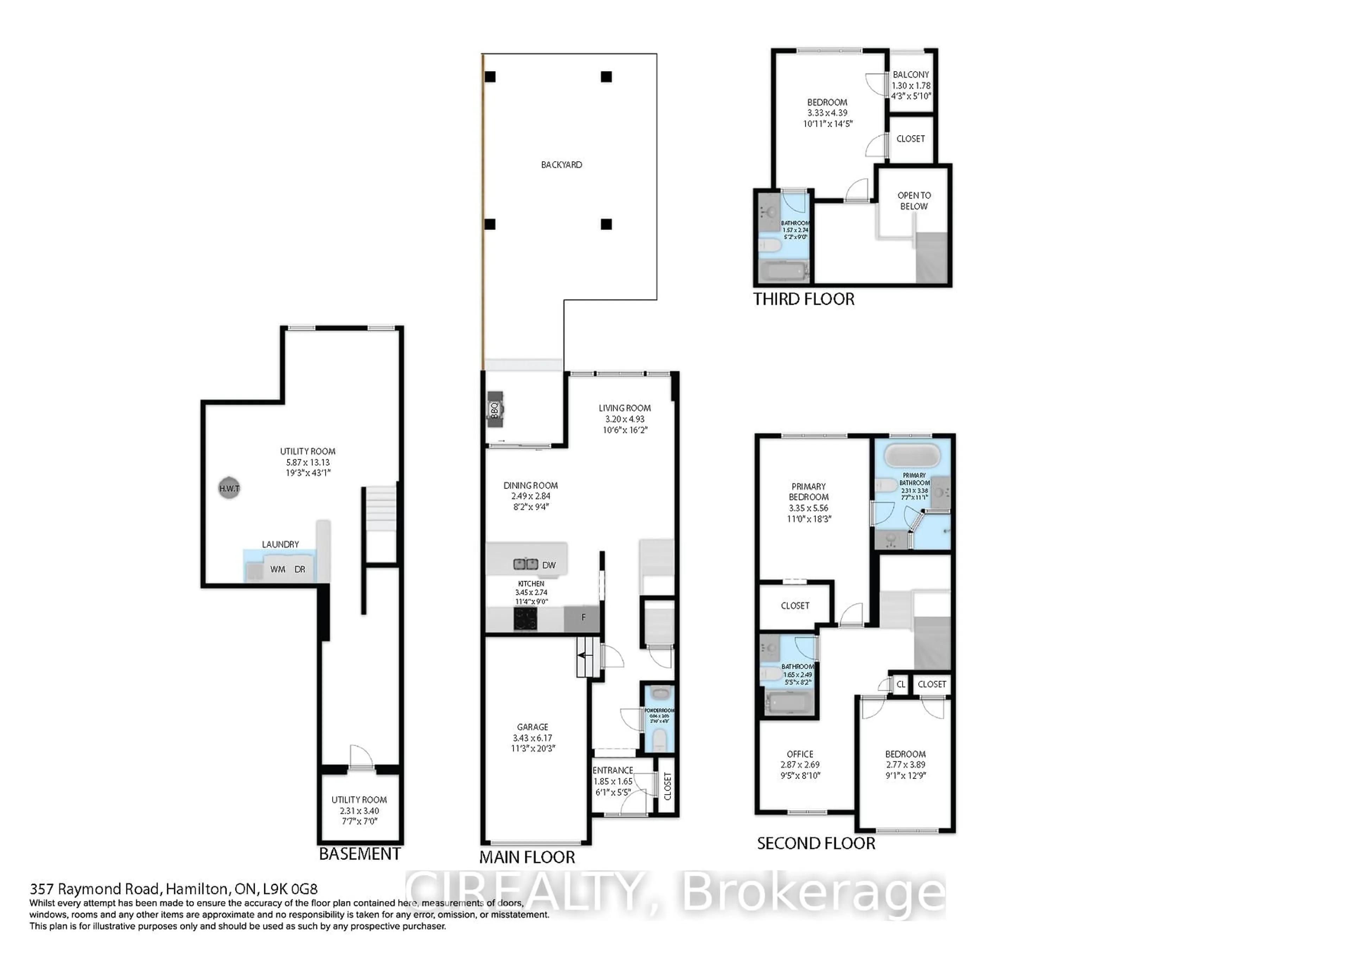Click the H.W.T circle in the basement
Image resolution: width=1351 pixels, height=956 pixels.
pos(229,488)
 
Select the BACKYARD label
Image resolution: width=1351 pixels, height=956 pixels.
pos(562,165)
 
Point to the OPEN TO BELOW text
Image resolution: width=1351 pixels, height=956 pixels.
pos(914,201)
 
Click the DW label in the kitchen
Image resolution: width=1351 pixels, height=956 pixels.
pos(548,565)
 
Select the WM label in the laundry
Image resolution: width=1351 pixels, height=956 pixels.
pos(278,569)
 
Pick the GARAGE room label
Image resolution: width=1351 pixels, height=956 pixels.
pos(533,727)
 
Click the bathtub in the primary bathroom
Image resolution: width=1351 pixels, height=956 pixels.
pos(912,455)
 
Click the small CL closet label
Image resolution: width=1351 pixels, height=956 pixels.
pos(900,684)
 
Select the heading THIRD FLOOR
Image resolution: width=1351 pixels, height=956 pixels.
pos(804,299)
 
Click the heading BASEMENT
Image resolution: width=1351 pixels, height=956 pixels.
pos(360,854)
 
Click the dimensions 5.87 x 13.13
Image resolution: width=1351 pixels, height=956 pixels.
pos(308,462)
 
